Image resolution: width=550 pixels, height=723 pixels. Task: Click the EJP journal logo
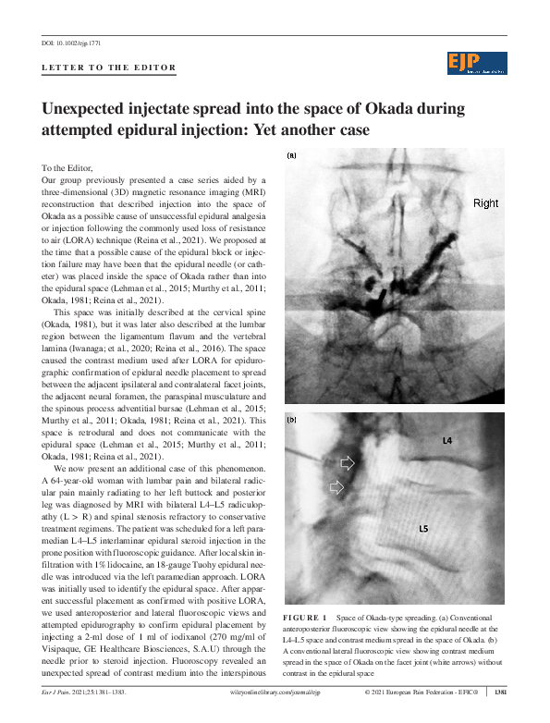coord(477,63)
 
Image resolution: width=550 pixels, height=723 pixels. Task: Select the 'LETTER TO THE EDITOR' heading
coord(109,68)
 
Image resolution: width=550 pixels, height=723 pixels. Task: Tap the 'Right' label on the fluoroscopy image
coord(485,203)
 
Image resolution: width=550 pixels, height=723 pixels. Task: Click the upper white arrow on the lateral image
coord(348,461)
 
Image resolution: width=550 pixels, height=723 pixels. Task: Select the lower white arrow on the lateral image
coord(338,486)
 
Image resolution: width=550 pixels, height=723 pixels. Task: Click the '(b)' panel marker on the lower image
coord(292,420)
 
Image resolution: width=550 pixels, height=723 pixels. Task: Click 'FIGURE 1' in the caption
coord(307,617)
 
